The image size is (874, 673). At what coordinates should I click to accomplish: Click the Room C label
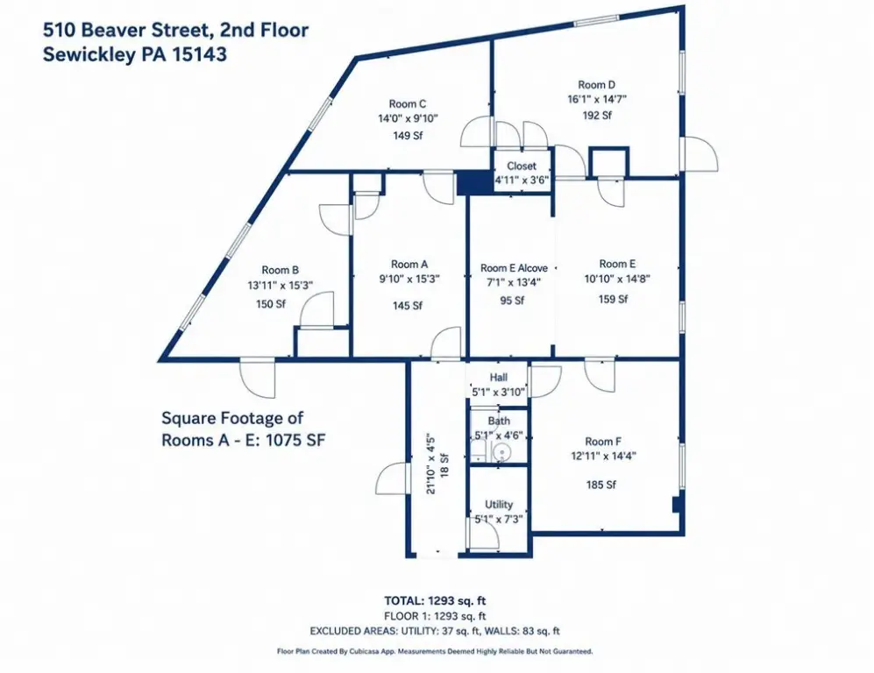(408, 103)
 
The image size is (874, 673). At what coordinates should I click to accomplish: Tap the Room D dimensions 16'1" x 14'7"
(596, 100)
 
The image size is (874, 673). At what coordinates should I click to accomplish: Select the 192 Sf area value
(597, 116)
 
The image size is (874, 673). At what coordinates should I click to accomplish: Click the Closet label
(522, 166)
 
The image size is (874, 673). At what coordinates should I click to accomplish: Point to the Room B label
(280, 270)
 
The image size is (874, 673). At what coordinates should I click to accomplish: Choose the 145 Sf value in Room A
(408, 305)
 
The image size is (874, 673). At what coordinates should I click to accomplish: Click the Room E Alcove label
(514, 268)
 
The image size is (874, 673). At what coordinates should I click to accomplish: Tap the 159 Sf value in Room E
(613, 299)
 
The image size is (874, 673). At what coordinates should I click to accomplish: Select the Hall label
(498, 377)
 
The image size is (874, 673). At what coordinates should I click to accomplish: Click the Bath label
(499, 421)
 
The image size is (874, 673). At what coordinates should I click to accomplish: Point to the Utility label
(498, 504)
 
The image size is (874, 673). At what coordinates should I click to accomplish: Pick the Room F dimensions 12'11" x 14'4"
(603, 456)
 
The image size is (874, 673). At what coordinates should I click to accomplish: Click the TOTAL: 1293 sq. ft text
(435, 600)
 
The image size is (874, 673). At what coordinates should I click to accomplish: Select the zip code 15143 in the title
(199, 54)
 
